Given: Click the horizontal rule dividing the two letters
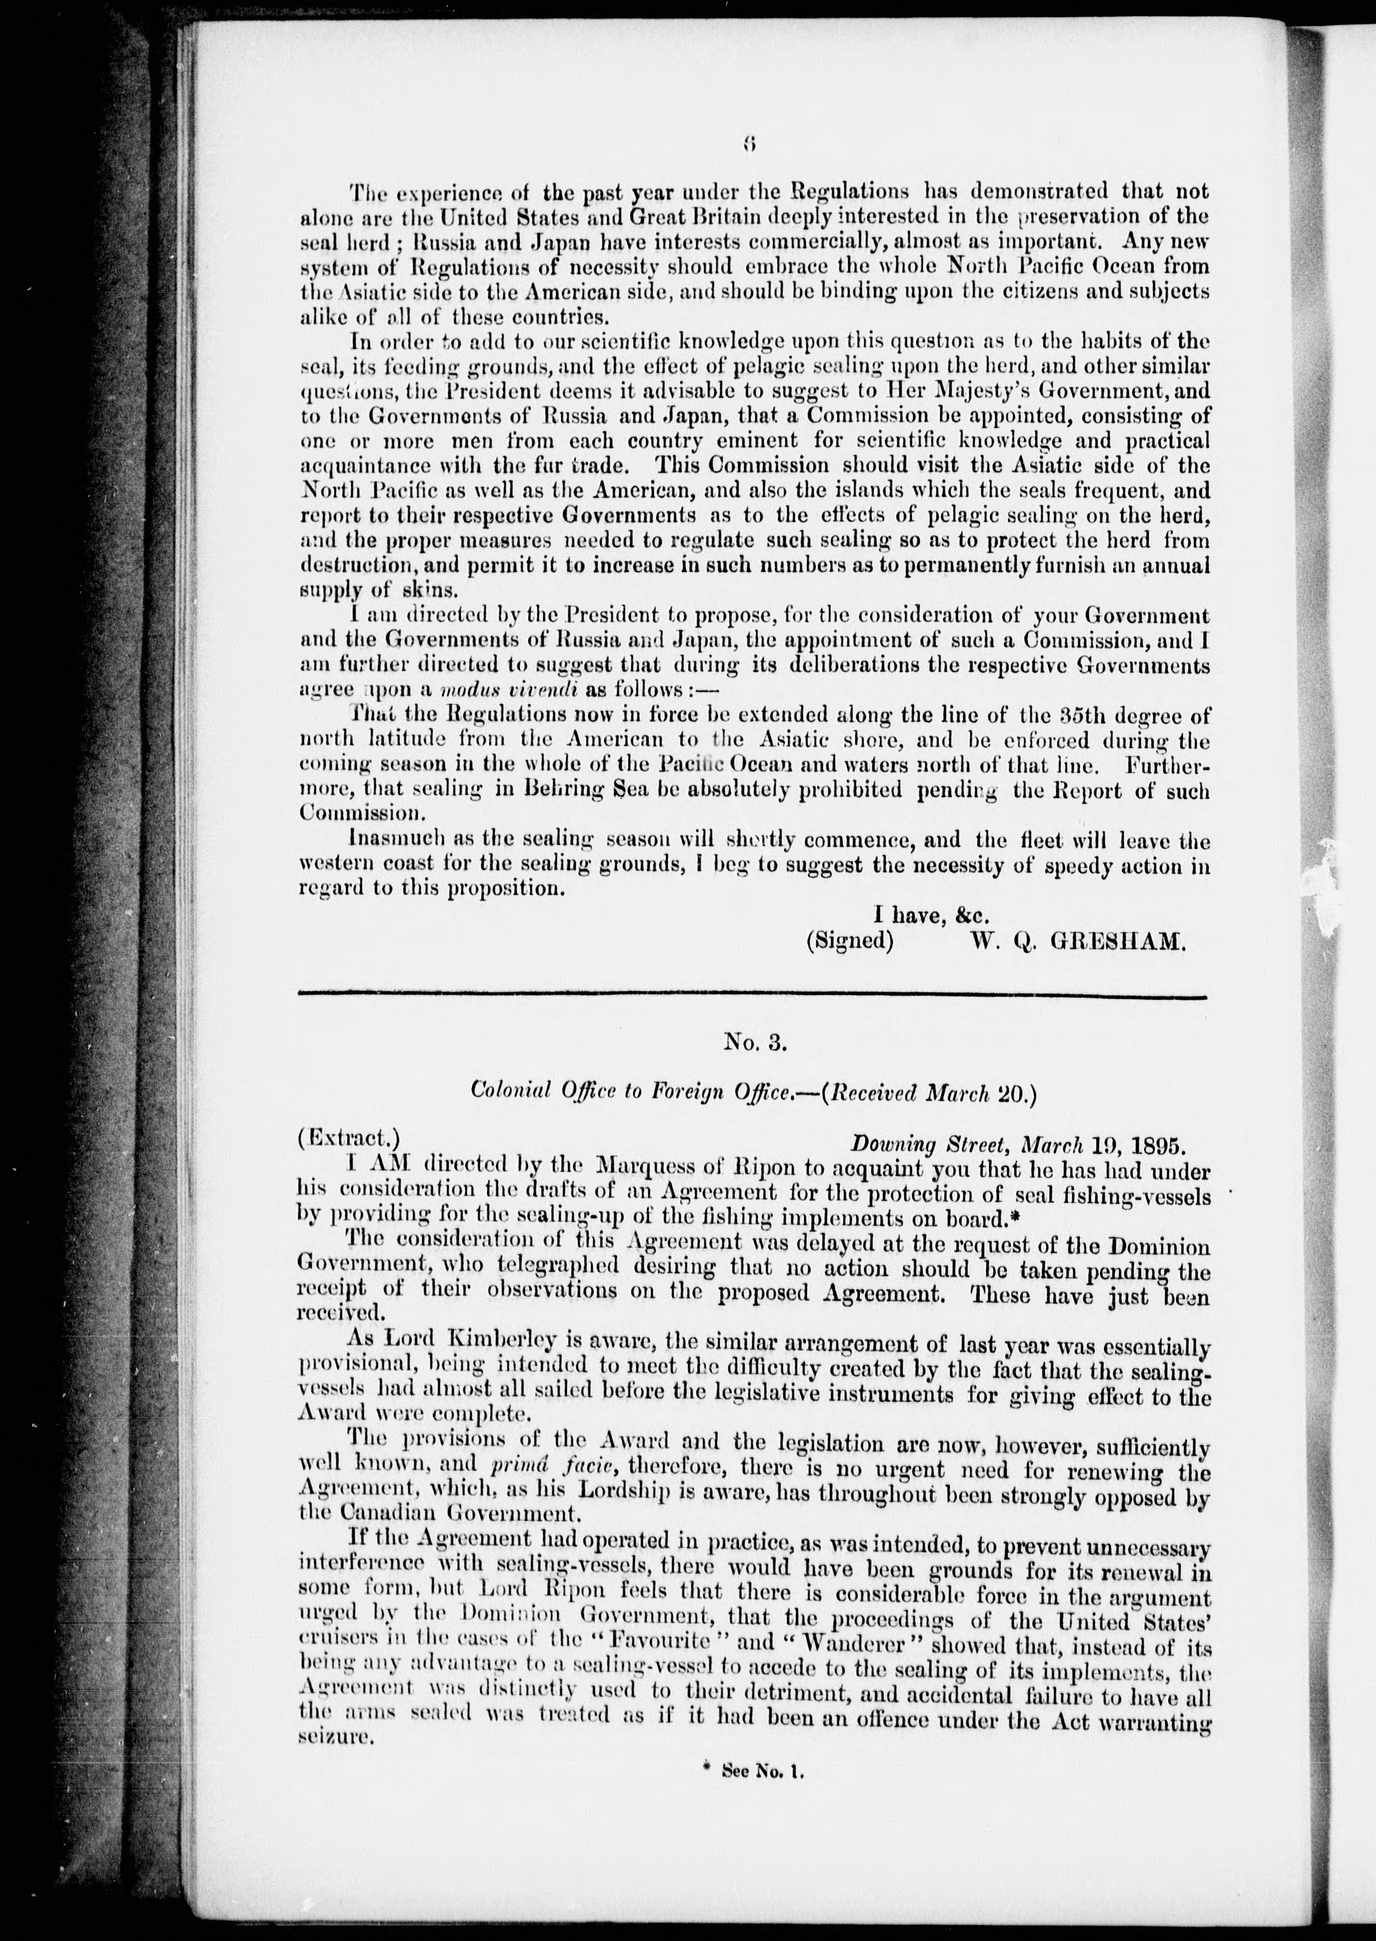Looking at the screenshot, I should click(x=754, y=994).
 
